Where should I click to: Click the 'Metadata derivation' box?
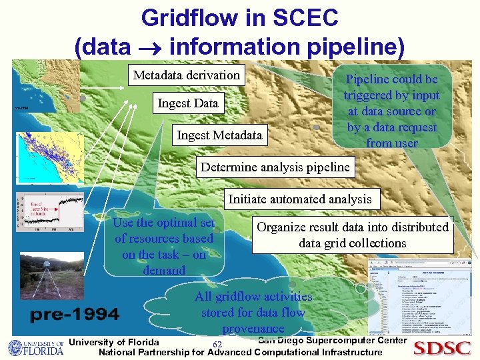point(186,75)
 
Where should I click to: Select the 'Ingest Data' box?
point(187,103)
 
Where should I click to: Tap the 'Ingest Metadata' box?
point(219,136)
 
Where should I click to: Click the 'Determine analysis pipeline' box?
point(275,167)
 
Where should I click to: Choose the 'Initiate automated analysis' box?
point(299,199)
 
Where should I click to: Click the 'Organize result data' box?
point(352,235)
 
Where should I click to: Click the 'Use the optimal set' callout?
point(164,246)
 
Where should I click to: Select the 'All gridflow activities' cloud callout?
point(253,311)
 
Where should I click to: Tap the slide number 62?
point(217,344)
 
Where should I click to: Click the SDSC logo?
point(442,348)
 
